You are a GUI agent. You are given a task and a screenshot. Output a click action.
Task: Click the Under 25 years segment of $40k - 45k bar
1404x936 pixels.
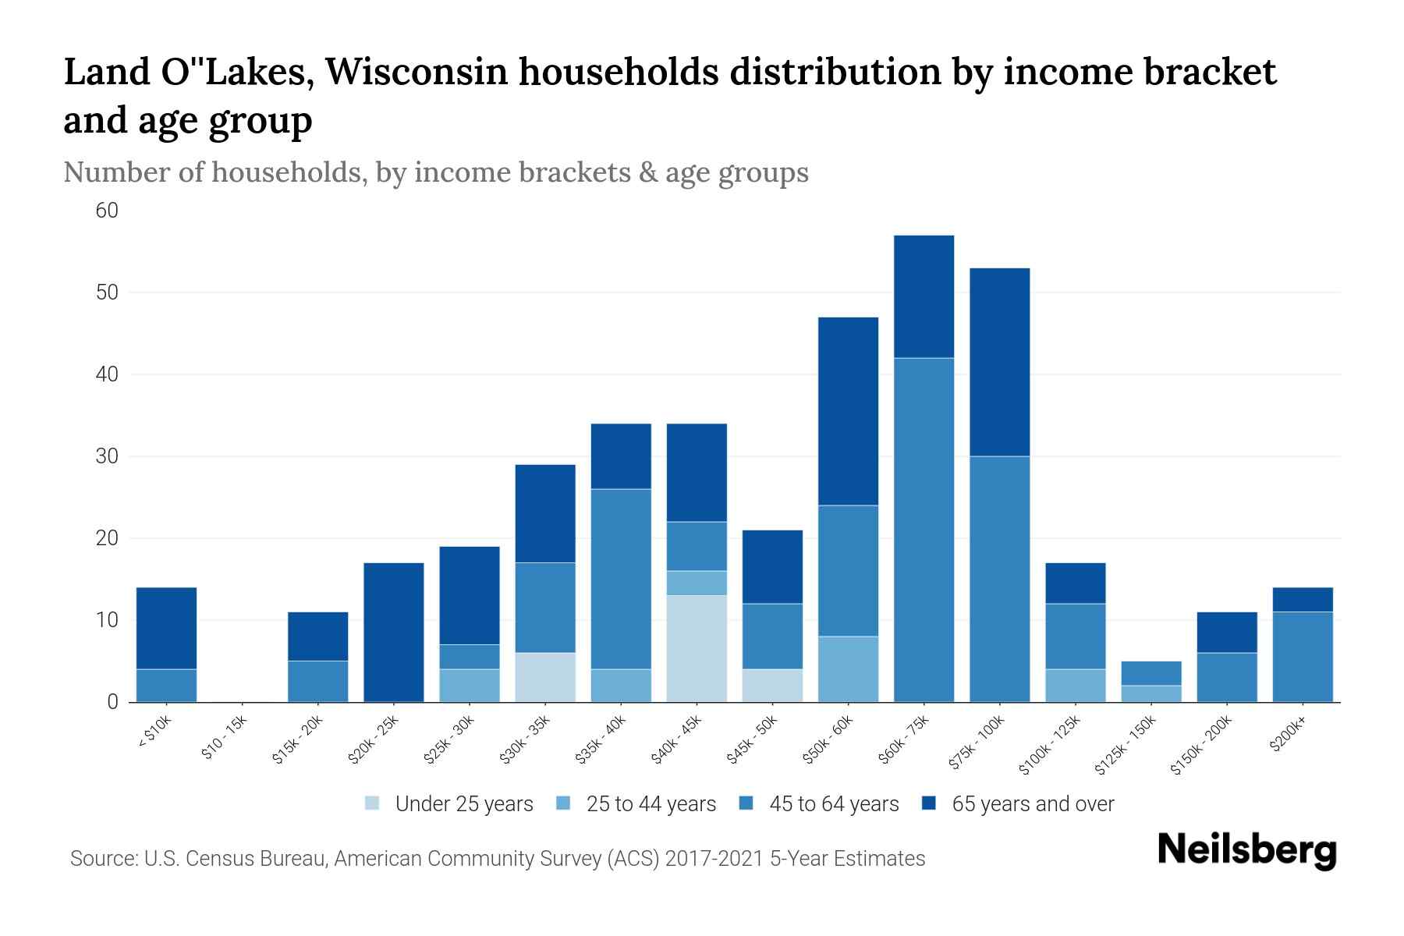[697, 648]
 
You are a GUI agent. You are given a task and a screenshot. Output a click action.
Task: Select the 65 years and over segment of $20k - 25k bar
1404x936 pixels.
[394, 632]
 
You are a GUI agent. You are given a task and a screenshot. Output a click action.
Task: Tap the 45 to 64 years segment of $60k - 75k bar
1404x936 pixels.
[924, 530]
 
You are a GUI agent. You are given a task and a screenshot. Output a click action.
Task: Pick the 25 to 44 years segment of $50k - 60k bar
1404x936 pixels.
[848, 668]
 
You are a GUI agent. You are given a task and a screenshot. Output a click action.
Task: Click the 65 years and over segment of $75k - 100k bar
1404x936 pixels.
[999, 362]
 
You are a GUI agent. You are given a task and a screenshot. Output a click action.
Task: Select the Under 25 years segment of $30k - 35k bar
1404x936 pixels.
[545, 676]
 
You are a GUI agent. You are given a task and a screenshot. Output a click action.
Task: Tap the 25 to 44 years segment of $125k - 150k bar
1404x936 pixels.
[1150, 693]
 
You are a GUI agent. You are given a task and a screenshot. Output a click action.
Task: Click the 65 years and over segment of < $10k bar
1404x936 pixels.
[166, 628]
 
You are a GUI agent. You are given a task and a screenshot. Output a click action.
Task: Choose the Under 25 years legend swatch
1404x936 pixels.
[373, 803]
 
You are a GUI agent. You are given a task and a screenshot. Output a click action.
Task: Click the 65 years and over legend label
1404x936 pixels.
[1033, 803]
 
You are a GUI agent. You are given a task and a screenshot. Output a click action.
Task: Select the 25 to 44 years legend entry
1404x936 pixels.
[651, 803]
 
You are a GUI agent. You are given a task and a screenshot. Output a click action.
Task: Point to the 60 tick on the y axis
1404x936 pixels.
[107, 211]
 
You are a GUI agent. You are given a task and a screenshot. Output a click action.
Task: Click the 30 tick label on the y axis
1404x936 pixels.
[107, 456]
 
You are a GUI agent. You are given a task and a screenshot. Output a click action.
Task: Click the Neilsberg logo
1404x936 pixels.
[1246, 849]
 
